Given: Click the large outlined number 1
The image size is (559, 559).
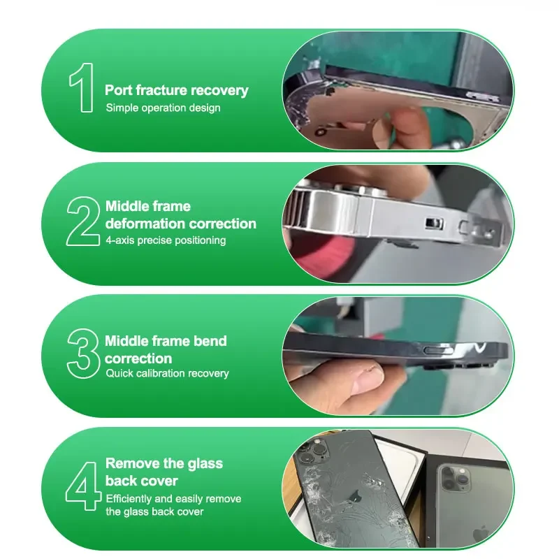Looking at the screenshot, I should [82, 87].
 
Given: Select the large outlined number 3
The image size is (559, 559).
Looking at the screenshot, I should [83, 351].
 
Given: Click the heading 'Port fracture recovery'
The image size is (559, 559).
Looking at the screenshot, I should [176, 90].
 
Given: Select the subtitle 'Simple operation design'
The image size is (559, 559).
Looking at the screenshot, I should [163, 108].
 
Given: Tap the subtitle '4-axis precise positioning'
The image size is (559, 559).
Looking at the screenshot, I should [166, 240].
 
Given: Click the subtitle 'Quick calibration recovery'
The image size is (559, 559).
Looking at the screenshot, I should [167, 373].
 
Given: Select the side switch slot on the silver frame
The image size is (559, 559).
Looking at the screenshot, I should [433, 223].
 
